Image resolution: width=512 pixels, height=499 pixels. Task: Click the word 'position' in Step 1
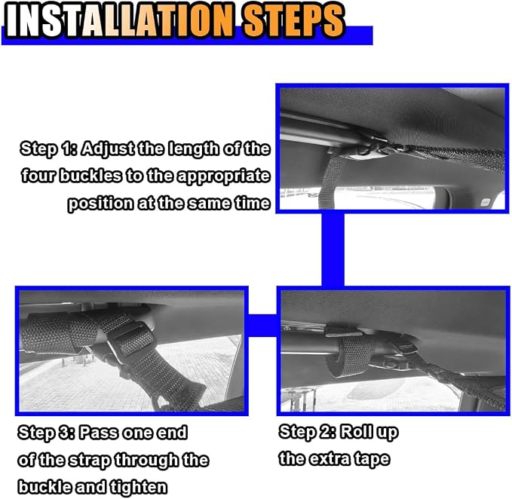click(x=100, y=204)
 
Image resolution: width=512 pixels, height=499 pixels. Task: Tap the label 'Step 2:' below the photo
click(x=307, y=433)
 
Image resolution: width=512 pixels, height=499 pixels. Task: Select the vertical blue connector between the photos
click(x=333, y=249)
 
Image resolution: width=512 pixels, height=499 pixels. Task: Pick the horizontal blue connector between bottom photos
click(x=262, y=326)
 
